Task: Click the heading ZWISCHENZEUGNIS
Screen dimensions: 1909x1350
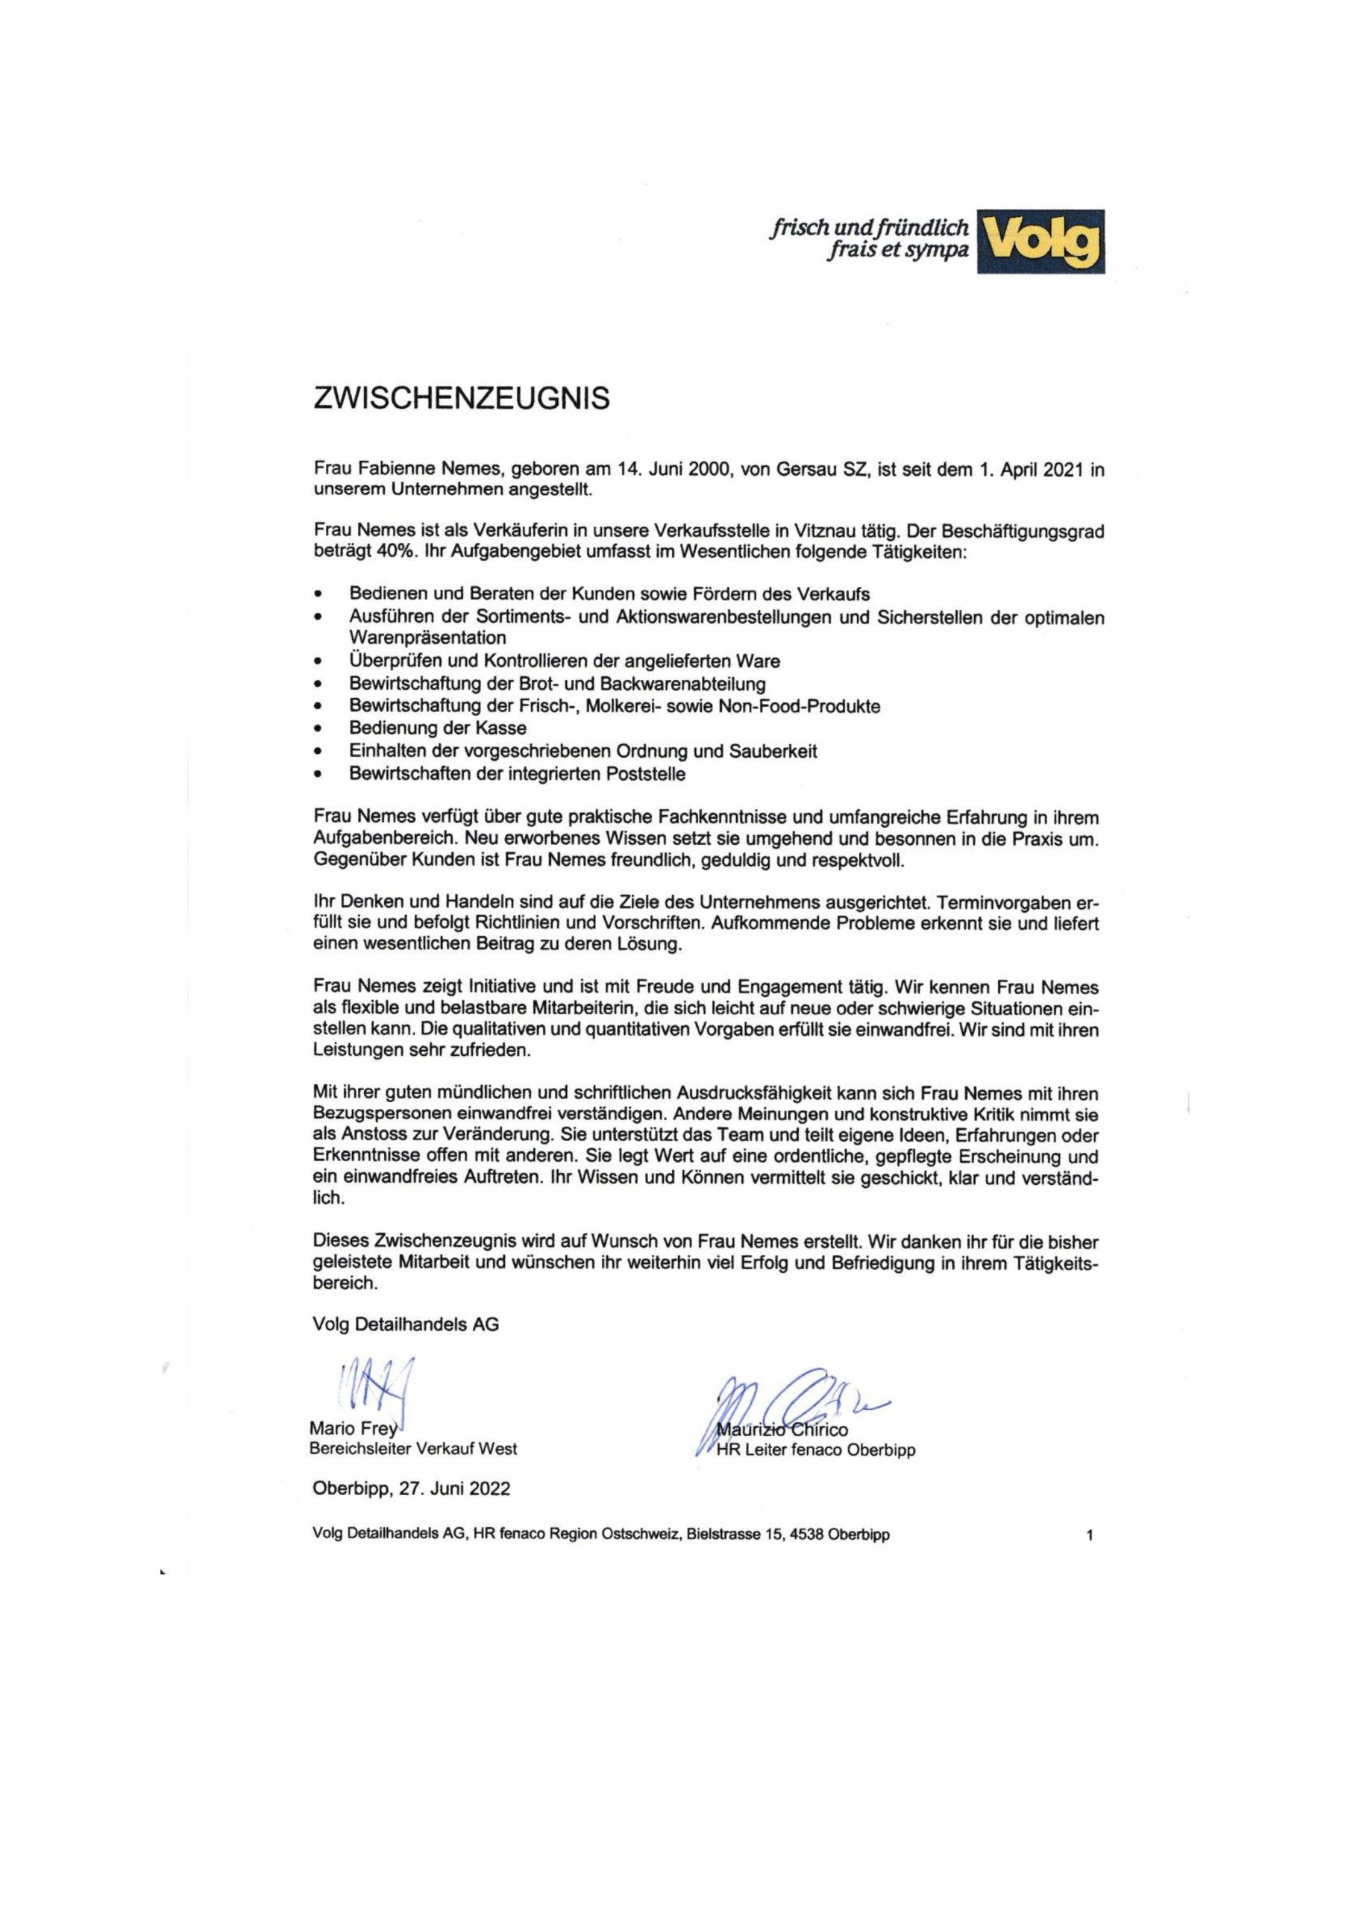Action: coord(461,399)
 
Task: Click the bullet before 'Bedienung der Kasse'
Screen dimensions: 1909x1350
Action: coord(317,730)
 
